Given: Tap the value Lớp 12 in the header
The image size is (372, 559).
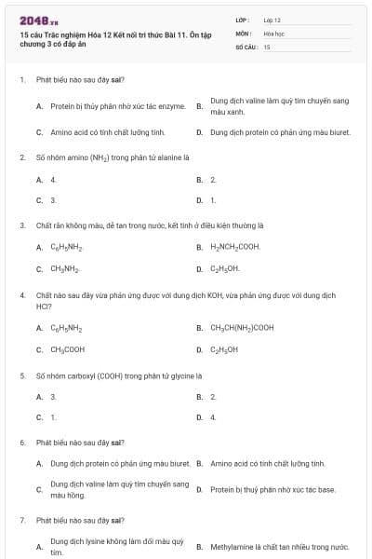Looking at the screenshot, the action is [272, 20].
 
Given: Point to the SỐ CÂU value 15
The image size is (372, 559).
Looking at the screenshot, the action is [267, 46].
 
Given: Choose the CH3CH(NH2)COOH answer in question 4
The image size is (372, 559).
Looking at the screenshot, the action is [242, 328].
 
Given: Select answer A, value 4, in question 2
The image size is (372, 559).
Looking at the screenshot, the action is [53, 179].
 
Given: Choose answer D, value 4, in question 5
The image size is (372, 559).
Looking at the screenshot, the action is [213, 417].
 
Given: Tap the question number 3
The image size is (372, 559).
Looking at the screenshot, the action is [21, 225].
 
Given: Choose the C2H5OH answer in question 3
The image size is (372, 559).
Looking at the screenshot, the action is [225, 268].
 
